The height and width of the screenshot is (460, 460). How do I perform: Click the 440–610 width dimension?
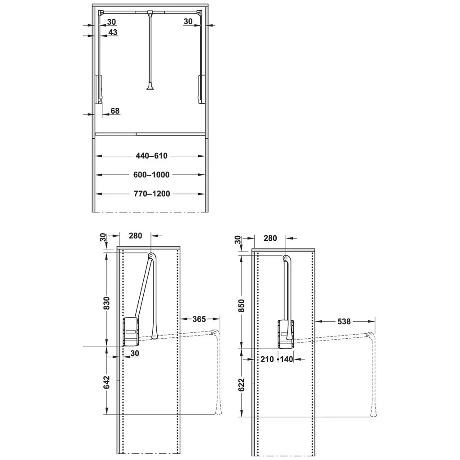151,156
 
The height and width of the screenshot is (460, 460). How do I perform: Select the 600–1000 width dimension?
151,175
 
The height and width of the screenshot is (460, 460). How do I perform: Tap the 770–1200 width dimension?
152,194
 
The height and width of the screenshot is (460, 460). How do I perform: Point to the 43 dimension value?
113,32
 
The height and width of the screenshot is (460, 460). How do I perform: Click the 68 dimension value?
115,111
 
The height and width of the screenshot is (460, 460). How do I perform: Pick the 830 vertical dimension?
106,303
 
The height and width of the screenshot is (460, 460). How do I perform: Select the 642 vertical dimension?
106,382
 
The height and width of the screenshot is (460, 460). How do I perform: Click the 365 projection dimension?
199,319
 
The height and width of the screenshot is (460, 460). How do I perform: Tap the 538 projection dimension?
344,322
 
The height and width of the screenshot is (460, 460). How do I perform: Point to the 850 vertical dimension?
241,305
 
